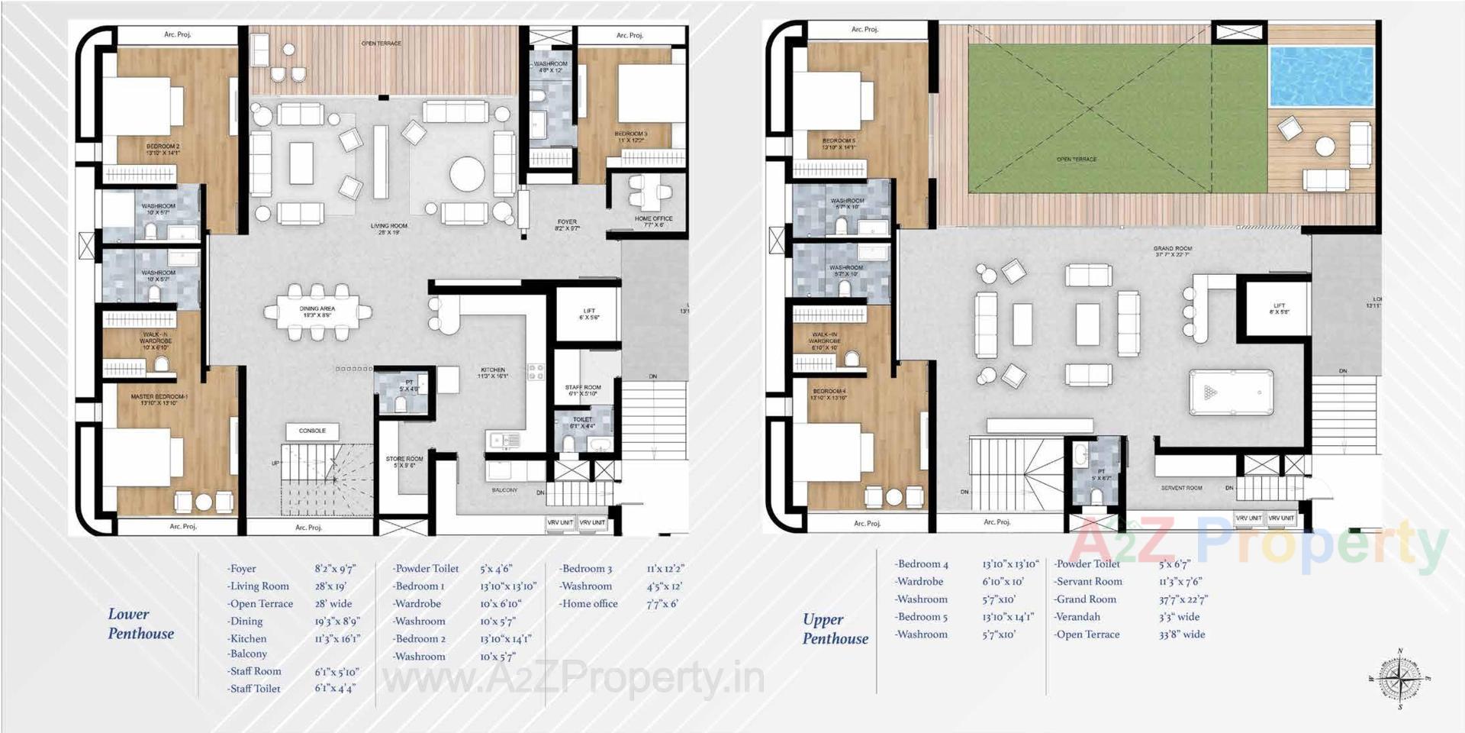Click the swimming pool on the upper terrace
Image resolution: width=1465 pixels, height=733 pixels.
1322,76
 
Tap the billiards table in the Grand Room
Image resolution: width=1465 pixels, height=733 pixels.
1231,392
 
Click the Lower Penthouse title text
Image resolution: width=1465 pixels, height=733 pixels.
141,624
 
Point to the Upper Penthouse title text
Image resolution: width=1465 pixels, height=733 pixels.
835,629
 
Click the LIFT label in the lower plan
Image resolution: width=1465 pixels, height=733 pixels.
589,314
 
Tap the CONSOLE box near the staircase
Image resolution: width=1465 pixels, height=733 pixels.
312,431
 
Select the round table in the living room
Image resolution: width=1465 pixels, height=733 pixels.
467,174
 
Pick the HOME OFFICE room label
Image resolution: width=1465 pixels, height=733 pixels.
654,221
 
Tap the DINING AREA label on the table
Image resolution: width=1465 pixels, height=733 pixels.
317,312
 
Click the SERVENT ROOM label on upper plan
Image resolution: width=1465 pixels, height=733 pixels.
1181,488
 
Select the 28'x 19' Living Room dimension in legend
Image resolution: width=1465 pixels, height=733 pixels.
330,586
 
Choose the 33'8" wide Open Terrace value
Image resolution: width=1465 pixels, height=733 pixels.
1182,635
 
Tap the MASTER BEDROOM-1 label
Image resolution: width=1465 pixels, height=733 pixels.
159,399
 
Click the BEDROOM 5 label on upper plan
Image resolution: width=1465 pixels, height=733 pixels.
839,144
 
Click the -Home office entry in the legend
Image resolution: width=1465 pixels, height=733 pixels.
588,604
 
